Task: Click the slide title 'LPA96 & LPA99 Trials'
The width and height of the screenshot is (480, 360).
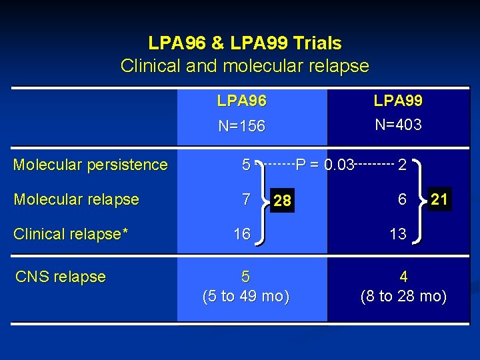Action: pos(245,44)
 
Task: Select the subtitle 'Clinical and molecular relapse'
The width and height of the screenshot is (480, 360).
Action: pos(245,66)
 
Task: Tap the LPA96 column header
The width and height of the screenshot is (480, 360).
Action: pos(242,101)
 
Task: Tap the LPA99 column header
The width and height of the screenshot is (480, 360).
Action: pos(398,101)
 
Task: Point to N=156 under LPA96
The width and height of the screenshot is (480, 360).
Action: pos(242,126)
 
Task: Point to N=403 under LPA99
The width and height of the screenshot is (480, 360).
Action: pos(398,125)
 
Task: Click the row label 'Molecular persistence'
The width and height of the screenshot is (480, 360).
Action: pos(91,165)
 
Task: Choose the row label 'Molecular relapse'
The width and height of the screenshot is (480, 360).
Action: pos(77,199)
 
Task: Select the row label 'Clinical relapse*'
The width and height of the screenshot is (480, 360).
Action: pos(71,234)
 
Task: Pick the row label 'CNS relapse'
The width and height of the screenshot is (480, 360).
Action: pos(60,277)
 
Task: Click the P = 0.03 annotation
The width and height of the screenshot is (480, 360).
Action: pos(325,164)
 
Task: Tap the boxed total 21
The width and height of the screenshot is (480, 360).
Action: pos(439,198)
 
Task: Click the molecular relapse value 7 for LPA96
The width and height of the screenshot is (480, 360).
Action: pos(246,199)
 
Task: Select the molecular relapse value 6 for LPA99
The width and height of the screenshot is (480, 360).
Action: pos(402,199)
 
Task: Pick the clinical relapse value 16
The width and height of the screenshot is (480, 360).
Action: pos(242,234)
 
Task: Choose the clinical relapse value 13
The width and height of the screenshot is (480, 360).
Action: pos(398,234)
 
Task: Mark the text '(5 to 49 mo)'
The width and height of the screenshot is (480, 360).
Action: pos(246,297)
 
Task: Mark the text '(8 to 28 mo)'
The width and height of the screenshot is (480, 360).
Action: pos(403,296)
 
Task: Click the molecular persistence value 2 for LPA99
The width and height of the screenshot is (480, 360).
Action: pos(402,165)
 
